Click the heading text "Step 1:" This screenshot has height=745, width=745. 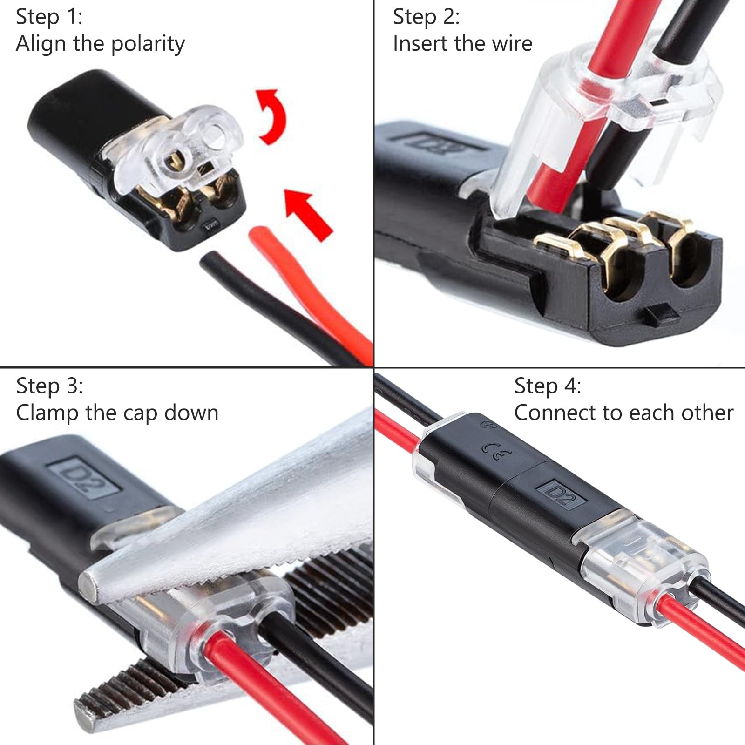pyautogui.click(x=49, y=17)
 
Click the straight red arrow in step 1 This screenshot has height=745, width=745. pyautogui.click(x=309, y=214)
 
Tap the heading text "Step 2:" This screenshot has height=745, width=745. pyautogui.click(x=426, y=17)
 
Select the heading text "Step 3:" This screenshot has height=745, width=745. pyautogui.click(x=50, y=386)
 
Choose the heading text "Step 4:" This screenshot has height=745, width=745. pyautogui.click(x=548, y=386)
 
